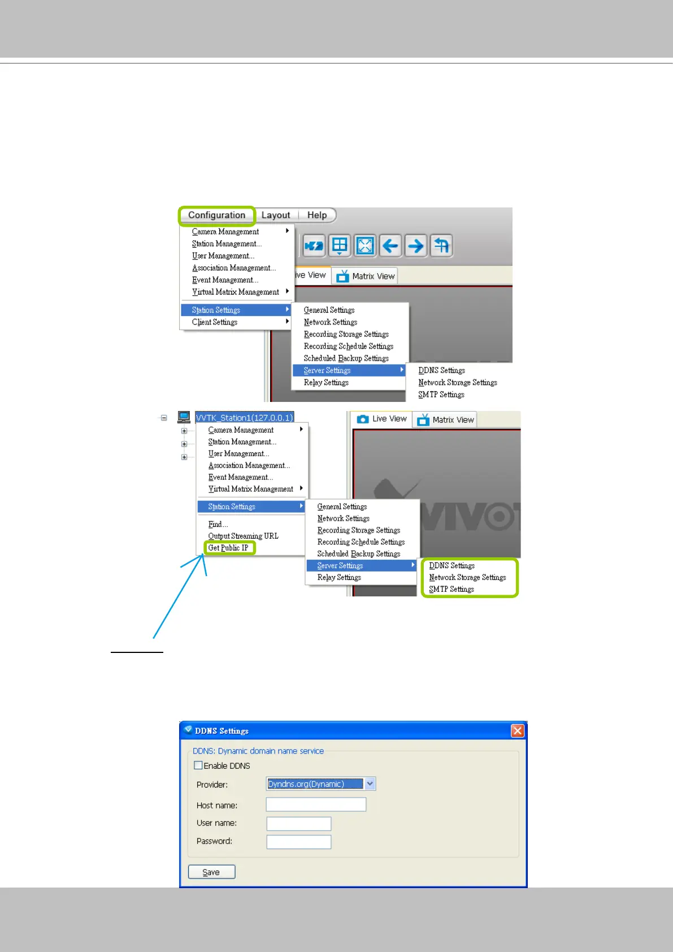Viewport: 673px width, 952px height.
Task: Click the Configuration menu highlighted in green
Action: [216, 215]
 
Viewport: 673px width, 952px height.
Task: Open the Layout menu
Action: [276, 215]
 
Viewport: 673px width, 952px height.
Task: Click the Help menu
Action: [317, 215]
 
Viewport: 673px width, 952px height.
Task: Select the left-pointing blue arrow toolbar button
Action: [390, 246]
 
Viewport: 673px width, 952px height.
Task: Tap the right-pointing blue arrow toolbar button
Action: [416, 246]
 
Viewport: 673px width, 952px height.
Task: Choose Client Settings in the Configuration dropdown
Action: [215, 322]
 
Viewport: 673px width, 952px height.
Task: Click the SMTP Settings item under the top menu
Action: [441, 395]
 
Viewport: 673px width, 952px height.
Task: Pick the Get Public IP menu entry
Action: [228, 548]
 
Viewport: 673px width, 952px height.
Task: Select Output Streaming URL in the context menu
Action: [243, 536]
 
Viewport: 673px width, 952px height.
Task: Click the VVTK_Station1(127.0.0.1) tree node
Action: [244, 418]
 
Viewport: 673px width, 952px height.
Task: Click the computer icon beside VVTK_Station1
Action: [184, 417]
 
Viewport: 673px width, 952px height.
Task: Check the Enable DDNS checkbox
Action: [198, 765]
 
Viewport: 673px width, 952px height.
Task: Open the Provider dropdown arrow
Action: [370, 784]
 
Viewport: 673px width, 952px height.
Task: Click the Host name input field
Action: [316, 804]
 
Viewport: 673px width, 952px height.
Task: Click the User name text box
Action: [299, 824]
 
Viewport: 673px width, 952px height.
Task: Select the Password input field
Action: [299, 842]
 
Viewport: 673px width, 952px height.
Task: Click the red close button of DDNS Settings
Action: [517, 731]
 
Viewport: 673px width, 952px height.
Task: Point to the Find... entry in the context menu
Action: [218, 524]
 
